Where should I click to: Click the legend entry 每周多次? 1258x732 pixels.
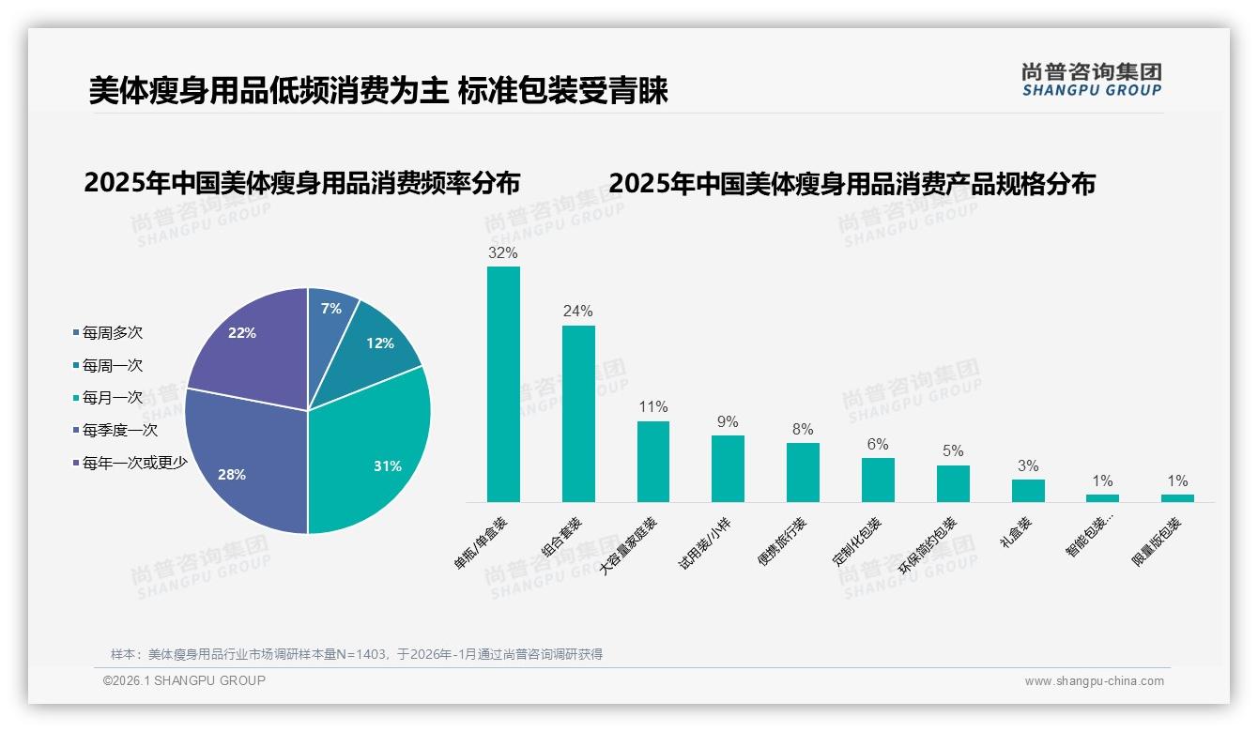tap(112, 333)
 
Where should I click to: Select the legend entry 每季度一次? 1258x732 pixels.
tap(119, 431)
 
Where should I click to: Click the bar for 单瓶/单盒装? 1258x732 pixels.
tap(503, 385)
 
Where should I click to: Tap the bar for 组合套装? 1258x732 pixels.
tap(578, 414)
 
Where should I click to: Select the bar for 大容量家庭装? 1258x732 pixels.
tap(653, 462)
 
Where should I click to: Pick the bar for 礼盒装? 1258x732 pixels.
tap(1028, 491)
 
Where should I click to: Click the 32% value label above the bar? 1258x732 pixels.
tap(503, 253)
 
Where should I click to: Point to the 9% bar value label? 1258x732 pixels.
tap(728, 422)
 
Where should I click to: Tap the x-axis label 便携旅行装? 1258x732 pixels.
tap(781, 542)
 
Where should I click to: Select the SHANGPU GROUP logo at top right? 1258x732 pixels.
tap(1091, 80)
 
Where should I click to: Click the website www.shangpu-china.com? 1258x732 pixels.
tap(1094, 681)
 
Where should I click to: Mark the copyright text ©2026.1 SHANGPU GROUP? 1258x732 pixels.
tap(184, 680)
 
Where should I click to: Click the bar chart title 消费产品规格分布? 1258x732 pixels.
tap(851, 184)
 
